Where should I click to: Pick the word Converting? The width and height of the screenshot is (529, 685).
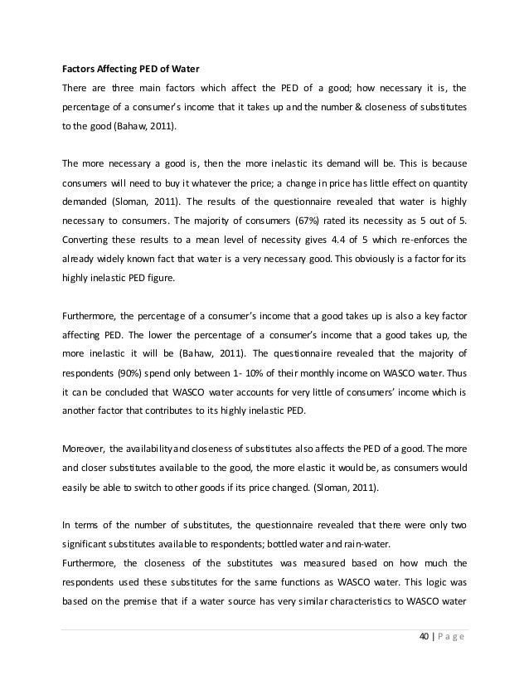point(87,240)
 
